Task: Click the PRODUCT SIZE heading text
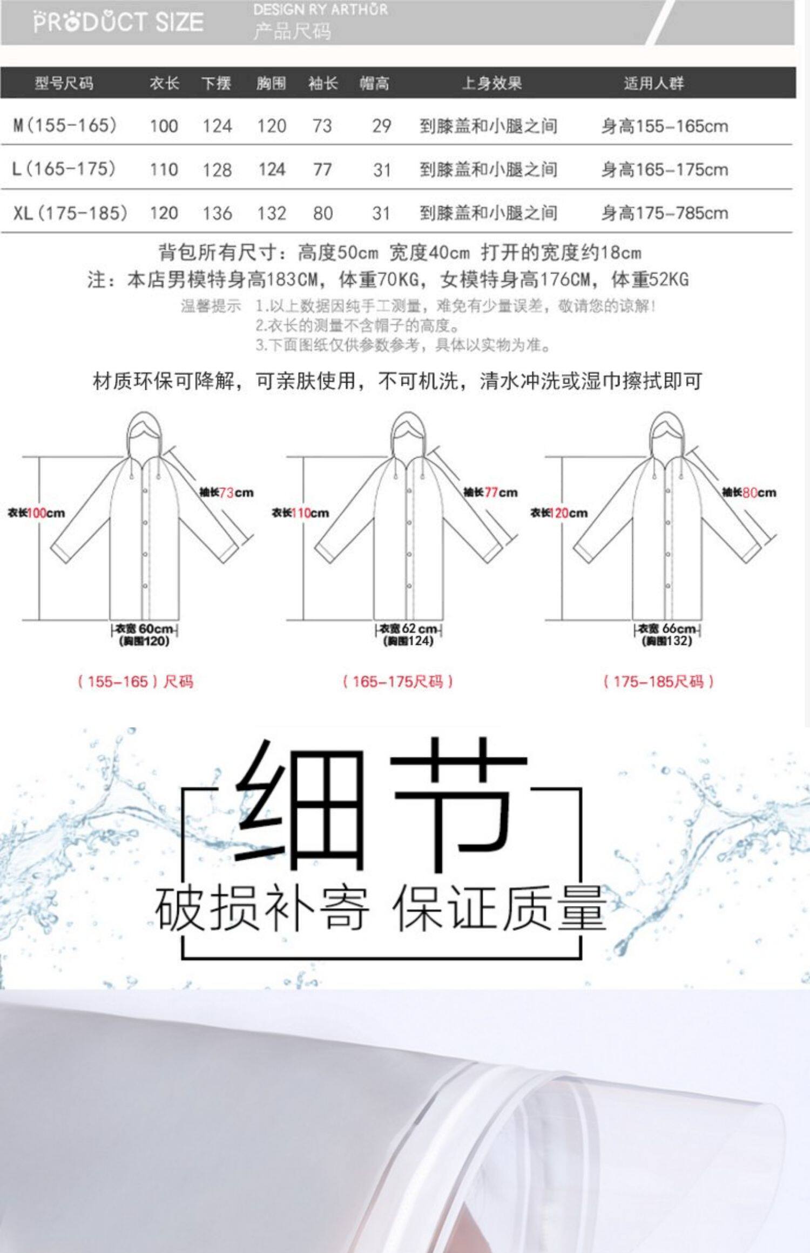pyautogui.click(x=118, y=22)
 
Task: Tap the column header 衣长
pyautogui.click(x=164, y=83)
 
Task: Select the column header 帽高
pyautogui.click(x=374, y=83)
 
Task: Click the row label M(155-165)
pyautogui.click(x=65, y=125)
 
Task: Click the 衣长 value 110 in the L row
pyautogui.click(x=164, y=169)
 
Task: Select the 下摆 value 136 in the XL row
pyautogui.click(x=217, y=213)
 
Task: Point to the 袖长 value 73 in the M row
pyautogui.click(x=322, y=126)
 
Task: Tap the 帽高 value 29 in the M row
pyautogui.click(x=381, y=126)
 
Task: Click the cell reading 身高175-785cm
pyautogui.click(x=665, y=213)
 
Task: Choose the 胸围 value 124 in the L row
pyautogui.click(x=271, y=169)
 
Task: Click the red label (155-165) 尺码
pyautogui.click(x=136, y=682)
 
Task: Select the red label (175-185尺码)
pyautogui.click(x=658, y=682)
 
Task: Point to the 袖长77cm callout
pyautogui.click(x=490, y=492)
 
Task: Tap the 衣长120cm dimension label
pyautogui.click(x=559, y=513)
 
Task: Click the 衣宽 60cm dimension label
pyautogui.click(x=144, y=629)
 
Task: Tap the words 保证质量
pyautogui.click(x=500, y=909)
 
